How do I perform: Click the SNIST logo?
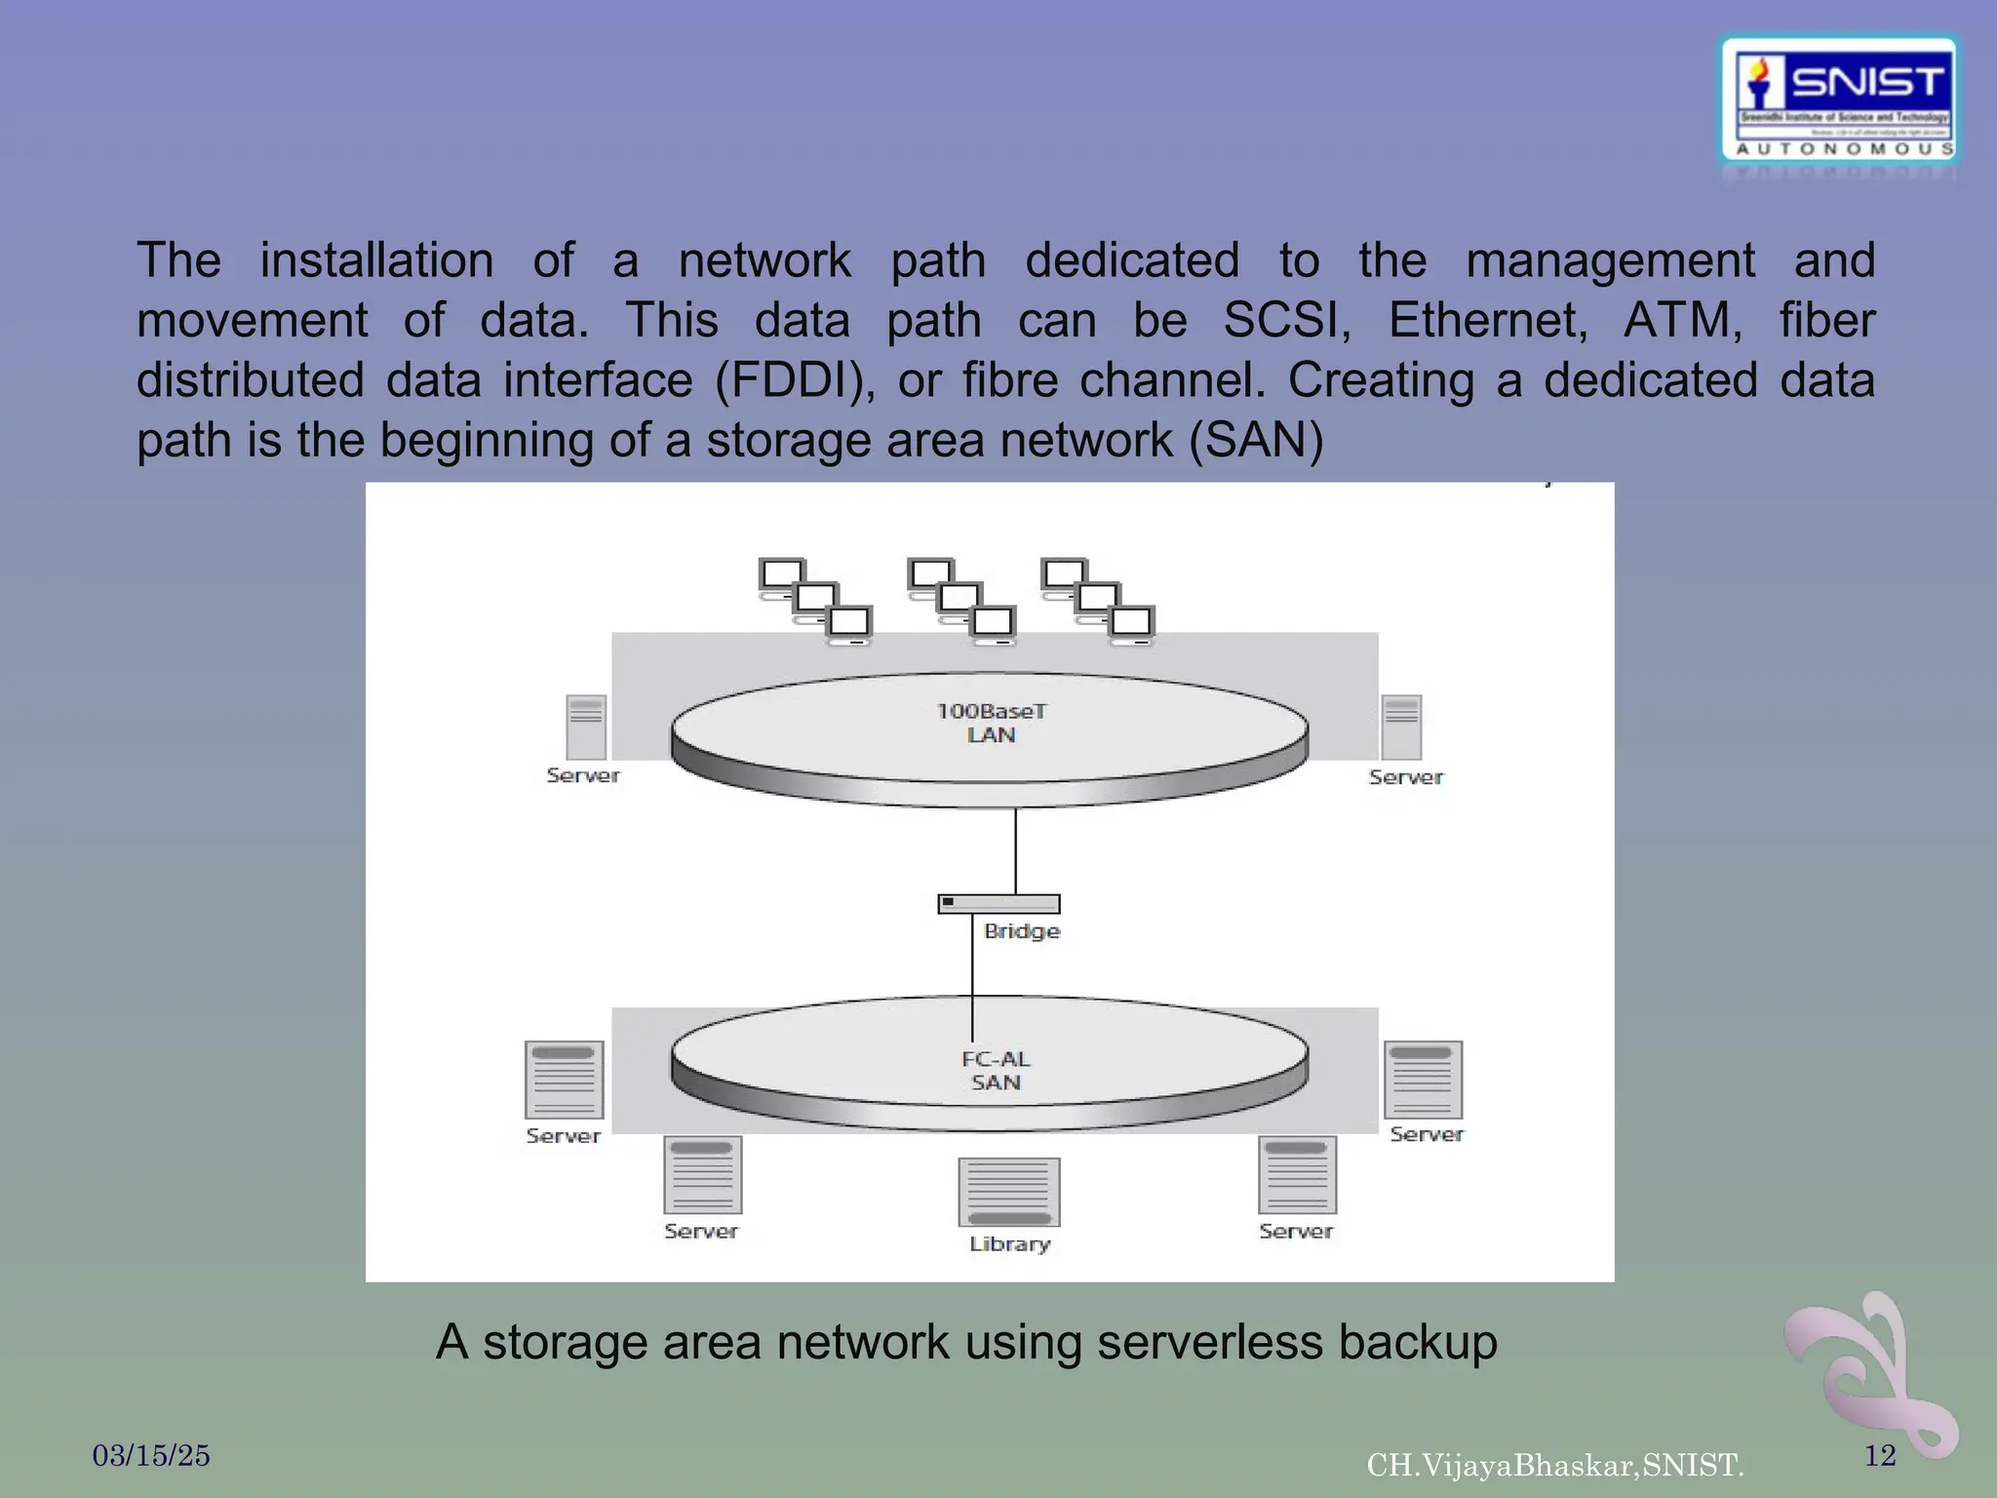tap(1839, 100)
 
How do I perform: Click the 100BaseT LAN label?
tap(991, 723)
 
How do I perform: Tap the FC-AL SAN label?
tap(995, 1070)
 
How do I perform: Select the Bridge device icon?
tap(998, 904)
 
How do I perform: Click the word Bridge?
tap(1021, 931)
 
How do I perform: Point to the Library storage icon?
tap(1008, 1192)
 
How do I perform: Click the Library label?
tap(1009, 1244)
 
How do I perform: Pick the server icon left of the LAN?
tap(586, 728)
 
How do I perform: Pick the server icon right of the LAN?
tap(1401, 728)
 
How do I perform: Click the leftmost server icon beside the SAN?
tap(564, 1080)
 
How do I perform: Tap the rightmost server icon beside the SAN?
tap(1423, 1080)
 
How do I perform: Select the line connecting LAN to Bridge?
tap(1015, 850)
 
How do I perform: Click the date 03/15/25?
tap(151, 1456)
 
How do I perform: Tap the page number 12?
tap(1879, 1456)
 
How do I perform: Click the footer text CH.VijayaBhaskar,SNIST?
tap(1554, 1465)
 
